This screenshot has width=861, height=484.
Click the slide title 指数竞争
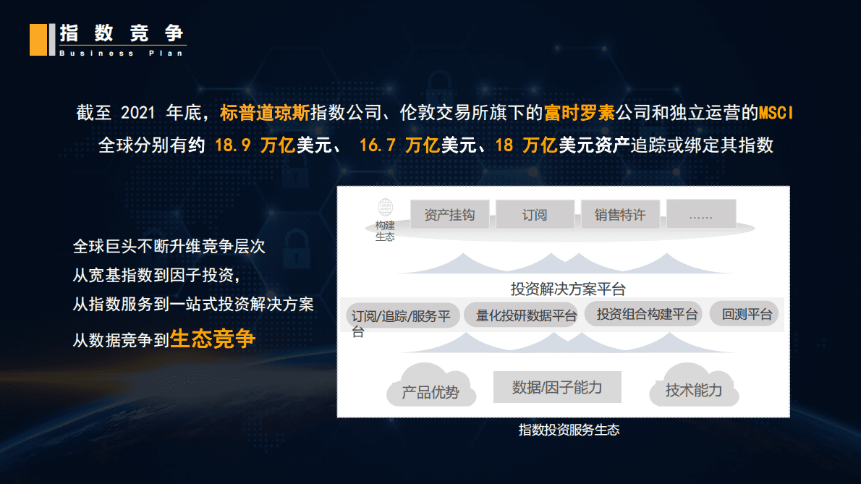(x=122, y=33)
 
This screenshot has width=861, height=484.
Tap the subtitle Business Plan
(x=122, y=54)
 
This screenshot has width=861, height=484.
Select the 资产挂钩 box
(x=449, y=215)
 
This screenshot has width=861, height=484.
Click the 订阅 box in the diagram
(x=535, y=215)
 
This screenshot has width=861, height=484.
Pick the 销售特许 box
(x=620, y=215)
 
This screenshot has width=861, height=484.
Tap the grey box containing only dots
(x=701, y=214)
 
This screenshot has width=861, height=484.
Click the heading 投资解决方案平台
(x=568, y=289)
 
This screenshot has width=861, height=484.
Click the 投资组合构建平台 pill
(x=647, y=314)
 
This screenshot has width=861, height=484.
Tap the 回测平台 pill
(x=747, y=314)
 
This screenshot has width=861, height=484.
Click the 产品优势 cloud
(x=430, y=392)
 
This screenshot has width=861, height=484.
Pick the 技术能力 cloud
(x=694, y=391)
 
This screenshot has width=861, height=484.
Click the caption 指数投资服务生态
(x=569, y=430)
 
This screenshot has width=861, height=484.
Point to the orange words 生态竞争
(x=213, y=339)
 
